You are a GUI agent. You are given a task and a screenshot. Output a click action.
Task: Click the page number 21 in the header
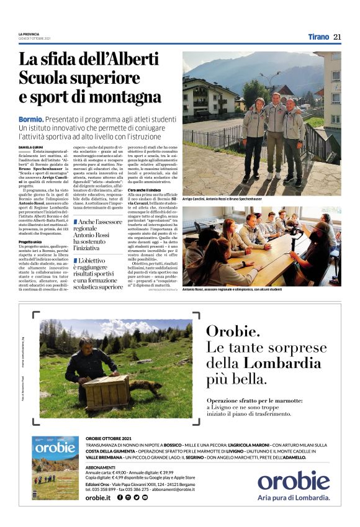pos(337,37)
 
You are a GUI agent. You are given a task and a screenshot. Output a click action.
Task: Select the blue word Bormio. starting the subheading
pos(30,119)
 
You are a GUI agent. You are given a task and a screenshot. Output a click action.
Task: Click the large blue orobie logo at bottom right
pos(294,481)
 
